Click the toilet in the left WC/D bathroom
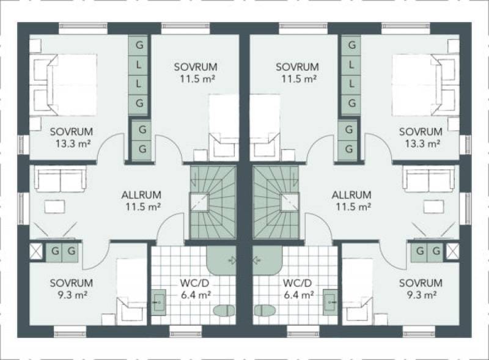coord(224,310)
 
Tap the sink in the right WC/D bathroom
coord(330,303)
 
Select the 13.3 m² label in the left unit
coord(73,144)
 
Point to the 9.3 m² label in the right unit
coord(422,295)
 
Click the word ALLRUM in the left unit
coord(141,195)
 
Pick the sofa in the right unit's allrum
coord(429,178)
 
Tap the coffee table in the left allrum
coord(54,207)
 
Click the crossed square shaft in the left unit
coord(35,251)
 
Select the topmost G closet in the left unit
coord(139,46)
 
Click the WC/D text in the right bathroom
coord(297,283)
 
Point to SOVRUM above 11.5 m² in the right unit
coord(297,67)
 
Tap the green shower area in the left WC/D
coord(221,260)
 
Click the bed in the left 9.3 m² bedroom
coord(131,290)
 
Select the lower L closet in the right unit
coord(351,84)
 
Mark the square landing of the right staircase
coord(289,202)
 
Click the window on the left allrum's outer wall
coord(21,208)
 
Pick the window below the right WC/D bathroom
coord(303,332)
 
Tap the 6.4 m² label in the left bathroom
coord(196,295)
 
